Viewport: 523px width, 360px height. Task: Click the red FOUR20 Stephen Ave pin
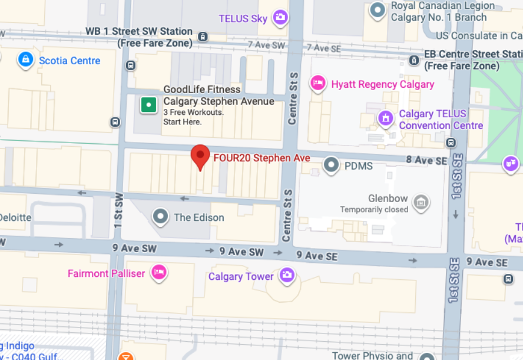[x=200, y=156]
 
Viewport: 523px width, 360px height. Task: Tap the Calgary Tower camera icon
[x=286, y=275]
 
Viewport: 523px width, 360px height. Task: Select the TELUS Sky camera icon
[x=280, y=18]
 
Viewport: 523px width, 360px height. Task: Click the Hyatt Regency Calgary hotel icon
[x=318, y=84]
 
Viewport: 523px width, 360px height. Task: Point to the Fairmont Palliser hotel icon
[x=158, y=273]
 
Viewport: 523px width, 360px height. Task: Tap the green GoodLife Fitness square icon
[x=148, y=105]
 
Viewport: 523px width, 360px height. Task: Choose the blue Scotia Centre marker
[x=25, y=60]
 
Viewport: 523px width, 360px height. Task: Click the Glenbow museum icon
[x=421, y=202]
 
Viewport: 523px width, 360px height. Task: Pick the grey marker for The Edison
[x=160, y=217]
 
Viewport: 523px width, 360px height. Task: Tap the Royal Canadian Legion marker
[x=378, y=10]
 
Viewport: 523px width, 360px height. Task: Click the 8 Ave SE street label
[x=426, y=160]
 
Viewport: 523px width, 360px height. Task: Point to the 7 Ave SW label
[x=266, y=45]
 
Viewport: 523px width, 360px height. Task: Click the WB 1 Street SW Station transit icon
[x=203, y=37]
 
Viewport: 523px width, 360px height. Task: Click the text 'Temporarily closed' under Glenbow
[x=374, y=210]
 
